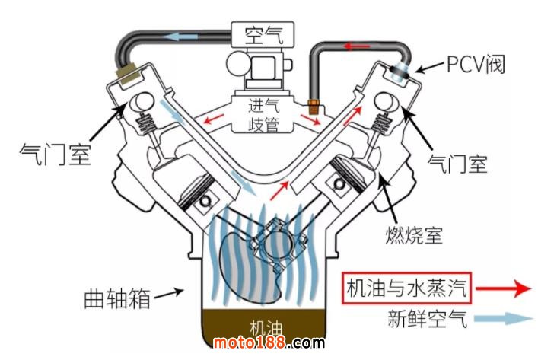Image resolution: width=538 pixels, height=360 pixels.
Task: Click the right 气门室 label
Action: pos(457,162)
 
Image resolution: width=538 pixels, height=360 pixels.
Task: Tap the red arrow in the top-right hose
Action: pos(354,46)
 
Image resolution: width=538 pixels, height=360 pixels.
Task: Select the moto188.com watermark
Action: pos(268,344)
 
